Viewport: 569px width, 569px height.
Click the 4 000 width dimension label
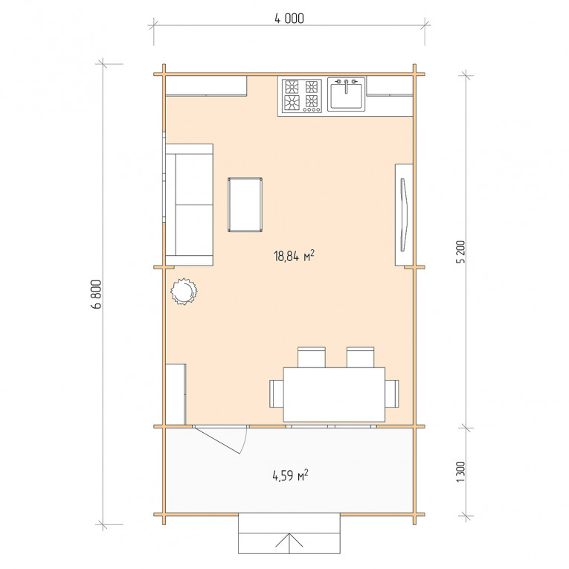(289, 18)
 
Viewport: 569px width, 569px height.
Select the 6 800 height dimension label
(96, 294)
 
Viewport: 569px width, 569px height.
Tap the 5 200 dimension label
(460, 252)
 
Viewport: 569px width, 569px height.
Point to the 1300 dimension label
(460, 472)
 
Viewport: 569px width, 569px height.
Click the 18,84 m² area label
(294, 255)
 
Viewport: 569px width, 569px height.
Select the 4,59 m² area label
(290, 475)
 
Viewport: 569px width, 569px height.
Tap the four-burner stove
(302, 96)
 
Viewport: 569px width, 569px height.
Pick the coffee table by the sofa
(245, 205)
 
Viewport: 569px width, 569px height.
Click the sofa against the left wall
(189, 205)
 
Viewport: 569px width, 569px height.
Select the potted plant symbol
(184, 291)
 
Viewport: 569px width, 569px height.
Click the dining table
(334, 395)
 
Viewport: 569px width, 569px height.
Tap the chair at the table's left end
(276, 393)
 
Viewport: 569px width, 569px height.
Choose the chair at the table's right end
(392, 393)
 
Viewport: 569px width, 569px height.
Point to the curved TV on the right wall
(404, 214)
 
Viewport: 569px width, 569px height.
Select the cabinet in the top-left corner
(206, 86)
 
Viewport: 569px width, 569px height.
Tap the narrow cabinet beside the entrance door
(176, 394)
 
